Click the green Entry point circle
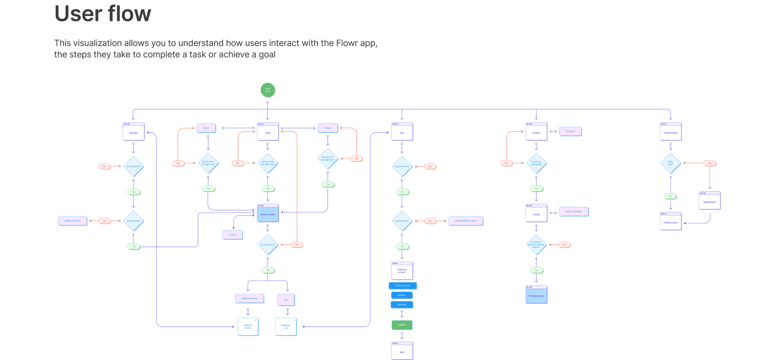point(268,90)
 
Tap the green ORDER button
point(402,325)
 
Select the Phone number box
point(403,286)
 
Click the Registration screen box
point(709,200)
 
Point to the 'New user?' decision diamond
point(670,163)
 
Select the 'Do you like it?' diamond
point(268,244)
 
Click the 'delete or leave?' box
point(73,221)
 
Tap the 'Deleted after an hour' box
point(466,221)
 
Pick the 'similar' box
point(233,235)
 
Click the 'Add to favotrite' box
point(250,298)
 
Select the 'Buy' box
point(286,300)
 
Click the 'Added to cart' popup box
point(286,327)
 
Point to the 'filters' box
point(206,128)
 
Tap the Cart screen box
point(402,132)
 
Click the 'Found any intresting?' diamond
point(536,163)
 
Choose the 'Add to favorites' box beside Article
point(574,212)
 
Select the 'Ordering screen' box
point(402,271)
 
